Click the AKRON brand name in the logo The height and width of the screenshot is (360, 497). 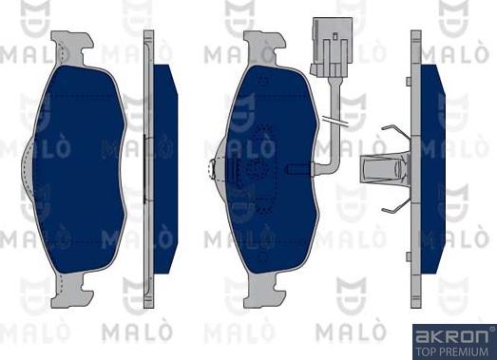point(451,336)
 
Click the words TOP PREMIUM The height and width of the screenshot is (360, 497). point(451,351)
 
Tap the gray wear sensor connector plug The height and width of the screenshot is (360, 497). point(333,47)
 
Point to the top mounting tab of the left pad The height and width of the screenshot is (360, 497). point(72,47)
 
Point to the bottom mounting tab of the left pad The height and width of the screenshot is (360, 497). point(72,290)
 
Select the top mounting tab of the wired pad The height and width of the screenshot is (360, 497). point(265,47)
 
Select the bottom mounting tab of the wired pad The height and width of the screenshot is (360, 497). point(265,290)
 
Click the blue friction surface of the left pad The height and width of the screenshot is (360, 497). point(80,169)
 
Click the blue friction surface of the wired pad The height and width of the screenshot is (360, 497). point(272,169)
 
